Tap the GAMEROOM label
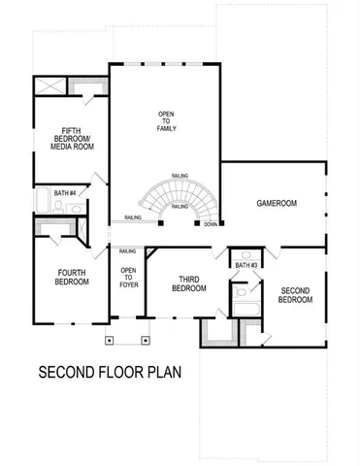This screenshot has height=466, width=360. [x=277, y=204]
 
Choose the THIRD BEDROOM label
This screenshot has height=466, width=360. [x=189, y=284]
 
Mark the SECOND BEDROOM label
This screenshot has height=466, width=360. [x=296, y=295]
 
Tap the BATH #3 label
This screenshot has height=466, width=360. [x=245, y=264]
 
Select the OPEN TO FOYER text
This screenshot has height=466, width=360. [x=128, y=278]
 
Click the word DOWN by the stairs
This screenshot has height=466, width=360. [x=211, y=225]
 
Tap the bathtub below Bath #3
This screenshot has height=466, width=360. [x=245, y=313]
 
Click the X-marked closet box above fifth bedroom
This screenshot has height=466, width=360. [x=49, y=84]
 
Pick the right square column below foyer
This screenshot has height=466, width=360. [x=146, y=341]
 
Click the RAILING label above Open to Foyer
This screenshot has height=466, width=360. [x=127, y=251]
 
